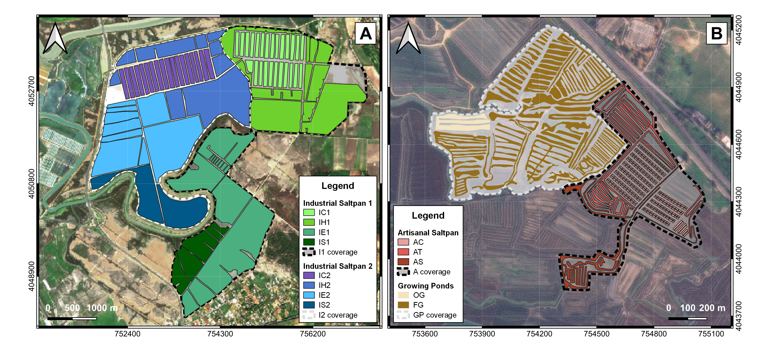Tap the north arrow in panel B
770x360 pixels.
coord(408,39)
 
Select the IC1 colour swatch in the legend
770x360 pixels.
coord(309,213)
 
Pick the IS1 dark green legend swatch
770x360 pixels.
coord(309,242)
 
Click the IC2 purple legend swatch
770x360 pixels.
coord(309,275)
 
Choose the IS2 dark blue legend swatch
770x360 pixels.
coord(309,305)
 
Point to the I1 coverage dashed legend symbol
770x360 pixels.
coord(309,252)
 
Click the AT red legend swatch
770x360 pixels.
coord(403,252)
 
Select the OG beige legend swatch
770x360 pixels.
coord(403,295)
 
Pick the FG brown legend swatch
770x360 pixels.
coord(403,305)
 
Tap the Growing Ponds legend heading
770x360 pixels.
coord(426,286)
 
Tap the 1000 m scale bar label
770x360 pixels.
coord(102,308)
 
